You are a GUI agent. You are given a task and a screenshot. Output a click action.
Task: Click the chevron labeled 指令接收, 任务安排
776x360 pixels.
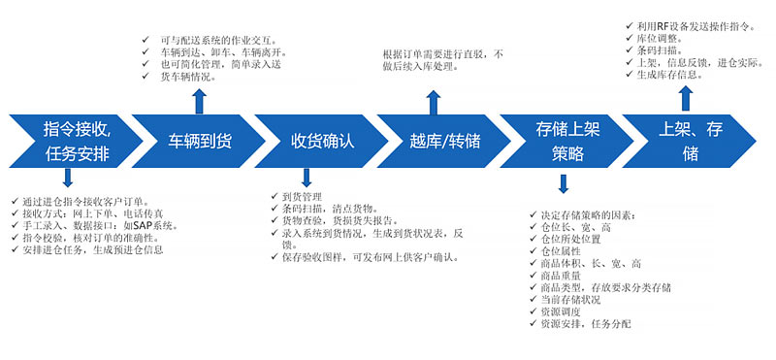(76, 141)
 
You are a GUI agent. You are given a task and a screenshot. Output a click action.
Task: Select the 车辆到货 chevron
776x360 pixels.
(199, 141)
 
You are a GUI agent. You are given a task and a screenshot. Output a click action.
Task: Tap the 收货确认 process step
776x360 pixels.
(322, 141)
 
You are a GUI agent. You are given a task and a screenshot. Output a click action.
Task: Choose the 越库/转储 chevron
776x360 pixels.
(444, 141)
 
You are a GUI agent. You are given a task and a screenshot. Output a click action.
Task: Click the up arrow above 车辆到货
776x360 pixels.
(200, 102)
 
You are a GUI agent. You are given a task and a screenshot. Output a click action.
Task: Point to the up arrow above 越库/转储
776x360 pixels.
(434, 103)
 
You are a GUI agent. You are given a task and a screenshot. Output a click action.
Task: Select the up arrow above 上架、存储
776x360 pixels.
(686, 99)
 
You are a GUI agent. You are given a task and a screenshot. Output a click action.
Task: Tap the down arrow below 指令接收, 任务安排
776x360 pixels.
(68, 178)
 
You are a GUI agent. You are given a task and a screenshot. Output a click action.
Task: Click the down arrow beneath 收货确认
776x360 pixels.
(307, 178)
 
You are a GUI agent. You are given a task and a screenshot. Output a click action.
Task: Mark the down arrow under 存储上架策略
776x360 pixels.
(564, 183)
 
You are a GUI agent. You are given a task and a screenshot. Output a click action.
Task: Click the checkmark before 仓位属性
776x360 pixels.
(533, 251)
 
